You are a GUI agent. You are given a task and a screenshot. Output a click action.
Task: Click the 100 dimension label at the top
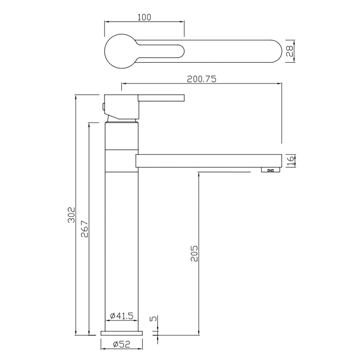pos(144,17)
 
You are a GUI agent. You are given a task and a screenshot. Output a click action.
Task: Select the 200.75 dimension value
pos(202,79)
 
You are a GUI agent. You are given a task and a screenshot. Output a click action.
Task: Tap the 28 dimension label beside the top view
pos(289,51)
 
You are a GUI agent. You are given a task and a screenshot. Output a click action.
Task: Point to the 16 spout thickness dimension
pos(291,161)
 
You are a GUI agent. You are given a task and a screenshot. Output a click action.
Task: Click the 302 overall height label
pos(71,215)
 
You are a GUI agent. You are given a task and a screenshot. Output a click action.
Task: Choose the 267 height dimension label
pos(84,229)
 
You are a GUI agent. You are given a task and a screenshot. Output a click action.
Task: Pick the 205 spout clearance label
pos(194,253)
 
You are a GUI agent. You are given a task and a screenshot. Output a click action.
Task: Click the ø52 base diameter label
pos(121,344)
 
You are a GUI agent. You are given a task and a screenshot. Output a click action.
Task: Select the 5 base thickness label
pos(153,319)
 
